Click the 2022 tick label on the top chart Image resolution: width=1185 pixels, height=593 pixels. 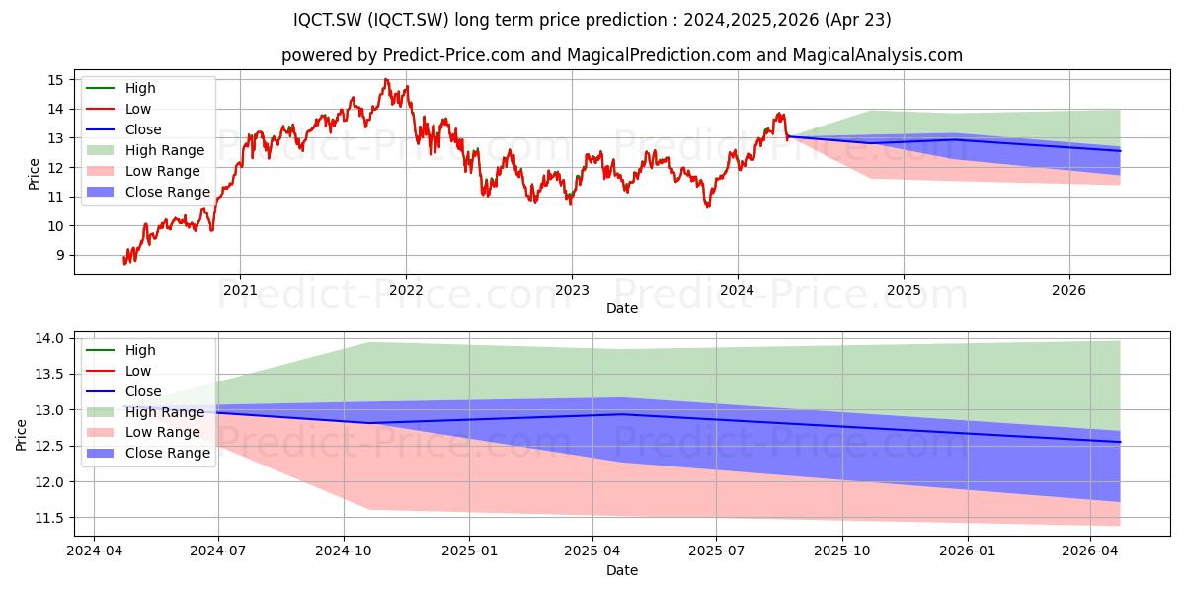[x=406, y=290]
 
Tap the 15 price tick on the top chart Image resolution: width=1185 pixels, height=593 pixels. [x=55, y=80]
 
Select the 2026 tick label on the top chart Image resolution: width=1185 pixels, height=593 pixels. [x=1068, y=290]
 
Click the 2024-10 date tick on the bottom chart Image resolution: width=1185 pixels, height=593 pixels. [x=344, y=551]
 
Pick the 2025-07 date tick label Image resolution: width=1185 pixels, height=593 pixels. [x=716, y=551]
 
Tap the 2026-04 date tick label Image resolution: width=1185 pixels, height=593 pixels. [x=1090, y=551]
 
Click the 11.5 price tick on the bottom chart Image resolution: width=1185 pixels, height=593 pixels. [x=49, y=518]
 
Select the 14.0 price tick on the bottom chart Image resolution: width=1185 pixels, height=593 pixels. [x=49, y=338]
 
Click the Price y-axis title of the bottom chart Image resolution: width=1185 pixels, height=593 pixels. [x=21, y=435]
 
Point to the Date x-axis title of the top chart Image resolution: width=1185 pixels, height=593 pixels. [x=622, y=308]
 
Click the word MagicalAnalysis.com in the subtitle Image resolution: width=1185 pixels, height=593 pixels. [x=878, y=55]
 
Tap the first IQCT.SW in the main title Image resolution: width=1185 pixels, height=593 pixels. [x=328, y=20]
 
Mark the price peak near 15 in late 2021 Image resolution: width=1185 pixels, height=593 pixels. [x=386, y=79]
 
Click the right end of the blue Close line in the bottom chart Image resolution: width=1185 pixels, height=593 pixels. [x=1120, y=442]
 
